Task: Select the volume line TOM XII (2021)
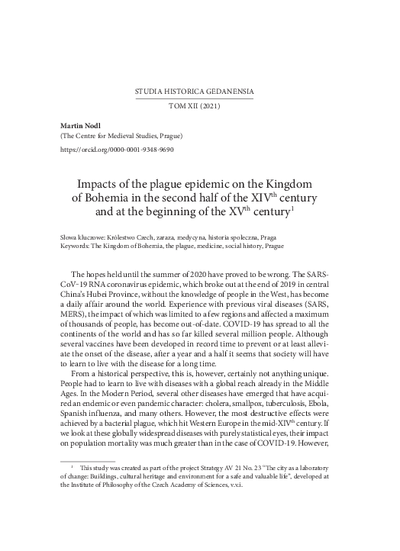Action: [x=199, y=108]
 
